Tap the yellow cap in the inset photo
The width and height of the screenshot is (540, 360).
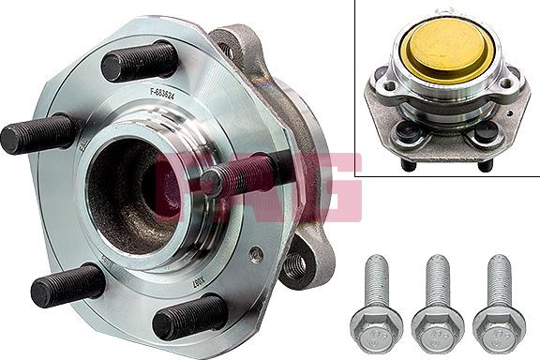[x=443, y=54]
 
